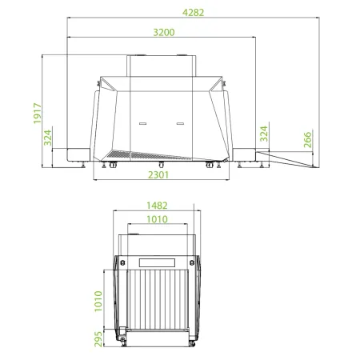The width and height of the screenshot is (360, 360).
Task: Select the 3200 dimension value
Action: (x=164, y=32)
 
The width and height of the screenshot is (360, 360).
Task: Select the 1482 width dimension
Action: (x=156, y=205)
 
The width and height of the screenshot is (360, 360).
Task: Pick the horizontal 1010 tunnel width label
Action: (x=156, y=218)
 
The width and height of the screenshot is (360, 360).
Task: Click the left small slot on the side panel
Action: (x=144, y=124)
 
